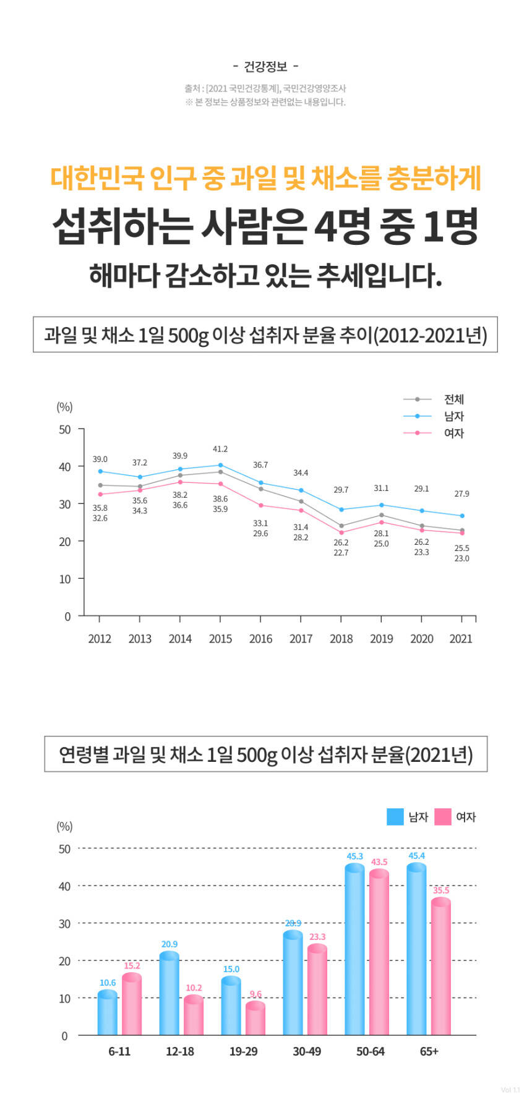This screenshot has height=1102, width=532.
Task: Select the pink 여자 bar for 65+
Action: point(441,968)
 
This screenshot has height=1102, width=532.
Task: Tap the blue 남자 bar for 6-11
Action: point(107,1014)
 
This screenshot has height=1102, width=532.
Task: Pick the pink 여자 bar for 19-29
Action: point(255,1020)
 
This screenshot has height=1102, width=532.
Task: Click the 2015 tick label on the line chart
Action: point(220,639)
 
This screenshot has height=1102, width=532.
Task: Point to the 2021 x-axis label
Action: point(461,639)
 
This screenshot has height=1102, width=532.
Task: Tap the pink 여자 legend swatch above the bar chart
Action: point(443,817)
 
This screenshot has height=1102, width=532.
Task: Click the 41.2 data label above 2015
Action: point(220,449)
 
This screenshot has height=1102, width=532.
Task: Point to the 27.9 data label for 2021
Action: point(461,494)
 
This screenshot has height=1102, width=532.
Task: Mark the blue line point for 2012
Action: point(100,471)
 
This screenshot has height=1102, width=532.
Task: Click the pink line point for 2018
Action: point(341,532)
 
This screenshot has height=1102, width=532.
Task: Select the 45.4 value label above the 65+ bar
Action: point(416,856)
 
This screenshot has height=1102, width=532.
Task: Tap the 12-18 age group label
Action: point(180,1051)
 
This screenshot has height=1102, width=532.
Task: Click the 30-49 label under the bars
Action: point(307,1051)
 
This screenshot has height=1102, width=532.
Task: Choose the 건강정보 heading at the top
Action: point(266,66)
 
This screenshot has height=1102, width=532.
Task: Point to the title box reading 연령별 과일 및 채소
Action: point(266,754)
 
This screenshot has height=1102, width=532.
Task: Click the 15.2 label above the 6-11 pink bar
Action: point(132,965)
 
